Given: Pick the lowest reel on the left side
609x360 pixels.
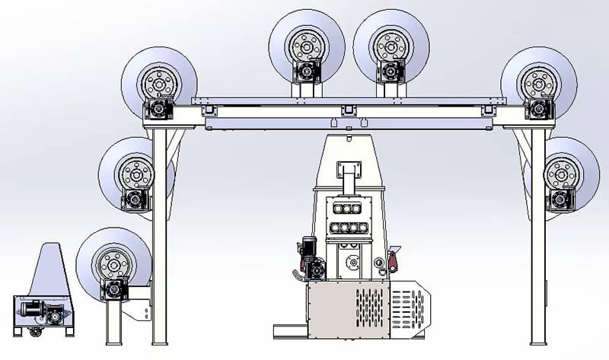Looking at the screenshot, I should (115, 263).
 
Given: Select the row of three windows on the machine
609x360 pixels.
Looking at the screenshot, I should (347, 208).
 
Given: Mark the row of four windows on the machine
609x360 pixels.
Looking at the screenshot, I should (347, 228).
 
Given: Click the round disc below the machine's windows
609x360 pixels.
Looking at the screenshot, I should (352, 263).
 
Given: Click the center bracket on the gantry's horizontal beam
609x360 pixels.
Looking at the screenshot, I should (347, 111).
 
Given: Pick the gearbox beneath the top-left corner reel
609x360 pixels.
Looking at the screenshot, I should (159, 109).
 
